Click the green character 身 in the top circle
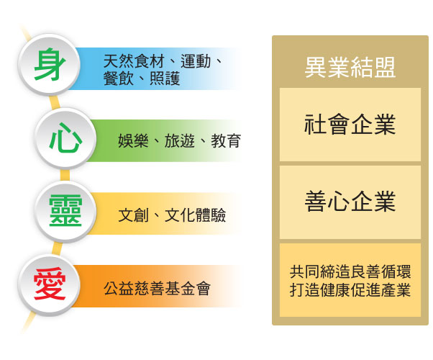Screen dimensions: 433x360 [50, 64]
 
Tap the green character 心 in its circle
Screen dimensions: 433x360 [65, 138]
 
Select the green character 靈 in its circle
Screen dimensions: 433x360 [65, 210]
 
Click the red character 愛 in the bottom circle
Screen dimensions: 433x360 [50, 284]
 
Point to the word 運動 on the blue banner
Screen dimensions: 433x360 [196, 61]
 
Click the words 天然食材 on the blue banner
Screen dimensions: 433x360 [134, 61]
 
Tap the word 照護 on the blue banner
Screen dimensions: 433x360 [165, 78]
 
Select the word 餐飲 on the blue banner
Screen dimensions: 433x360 [119, 78]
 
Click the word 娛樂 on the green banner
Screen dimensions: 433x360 [133, 140]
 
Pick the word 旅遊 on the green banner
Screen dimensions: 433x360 [180, 140]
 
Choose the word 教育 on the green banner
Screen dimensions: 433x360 [226, 140]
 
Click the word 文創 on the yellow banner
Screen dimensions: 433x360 [133, 215]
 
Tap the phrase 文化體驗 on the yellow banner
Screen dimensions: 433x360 [195, 215]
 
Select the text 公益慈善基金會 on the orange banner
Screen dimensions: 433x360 [157, 289]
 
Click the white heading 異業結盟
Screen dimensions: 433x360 [350, 68]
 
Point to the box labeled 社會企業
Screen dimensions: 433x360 [350, 125]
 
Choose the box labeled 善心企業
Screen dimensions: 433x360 [350, 202]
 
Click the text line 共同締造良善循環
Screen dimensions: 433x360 [350, 271]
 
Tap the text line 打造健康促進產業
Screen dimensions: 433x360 [350, 289]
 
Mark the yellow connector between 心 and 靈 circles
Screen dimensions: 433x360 [65, 175]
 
